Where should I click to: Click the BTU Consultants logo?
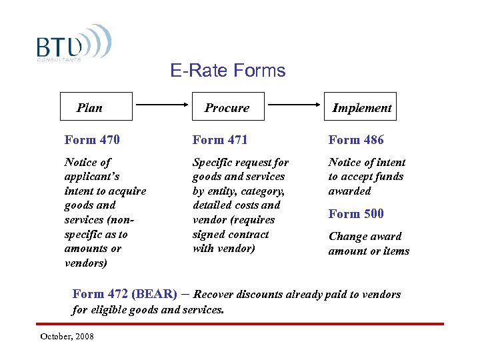pos(73,44)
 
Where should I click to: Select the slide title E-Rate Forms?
pos(227,71)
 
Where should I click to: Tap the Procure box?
pos(227,107)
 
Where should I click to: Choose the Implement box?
pos(361,107)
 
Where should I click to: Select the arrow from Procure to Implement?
pos(293,105)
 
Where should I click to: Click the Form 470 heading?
pos(92,140)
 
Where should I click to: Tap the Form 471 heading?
pos(220,140)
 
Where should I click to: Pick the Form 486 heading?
pos(356,140)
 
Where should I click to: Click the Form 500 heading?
pos(356,214)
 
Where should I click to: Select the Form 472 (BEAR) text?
pos(124,294)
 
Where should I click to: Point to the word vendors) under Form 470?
pos(86,263)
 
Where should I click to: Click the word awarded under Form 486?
pos(349,191)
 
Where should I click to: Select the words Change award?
pos(365,237)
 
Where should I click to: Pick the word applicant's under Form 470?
pos(91,177)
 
